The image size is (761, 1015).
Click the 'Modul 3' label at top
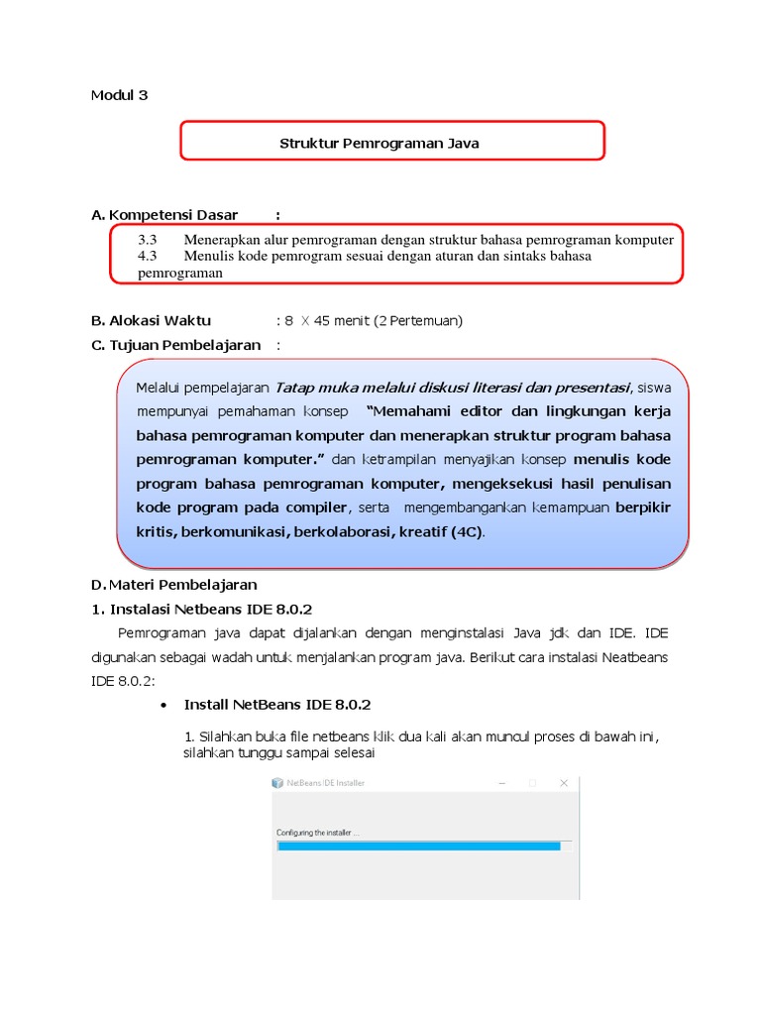click(x=119, y=95)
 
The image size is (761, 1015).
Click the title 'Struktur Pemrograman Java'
click(x=379, y=143)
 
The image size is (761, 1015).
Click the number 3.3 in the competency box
click(x=148, y=240)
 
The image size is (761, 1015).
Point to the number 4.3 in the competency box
click(x=148, y=256)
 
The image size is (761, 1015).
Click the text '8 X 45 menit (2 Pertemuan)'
click(x=374, y=320)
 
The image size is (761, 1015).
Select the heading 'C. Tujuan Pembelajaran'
click(x=175, y=345)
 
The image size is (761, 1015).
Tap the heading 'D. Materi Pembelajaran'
click(x=174, y=584)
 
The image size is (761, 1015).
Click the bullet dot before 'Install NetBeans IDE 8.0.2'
click(x=163, y=705)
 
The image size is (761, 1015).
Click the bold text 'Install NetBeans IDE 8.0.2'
click(x=277, y=705)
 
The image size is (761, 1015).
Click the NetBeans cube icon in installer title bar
click(x=278, y=782)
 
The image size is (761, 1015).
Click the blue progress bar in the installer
click(x=419, y=846)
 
